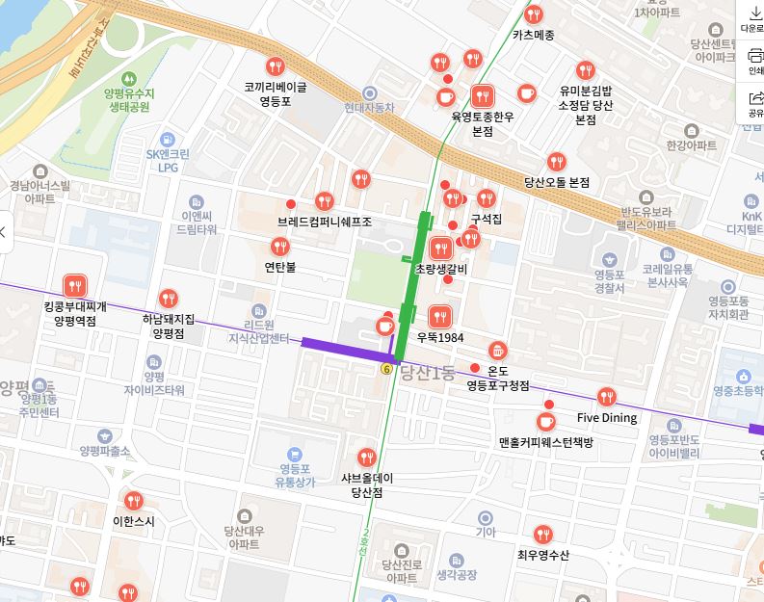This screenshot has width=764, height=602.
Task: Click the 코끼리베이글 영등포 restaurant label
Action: tap(275, 93)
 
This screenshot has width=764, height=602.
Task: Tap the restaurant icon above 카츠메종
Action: tap(534, 14)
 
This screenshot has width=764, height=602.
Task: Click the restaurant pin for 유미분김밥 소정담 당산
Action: tap(585, 70)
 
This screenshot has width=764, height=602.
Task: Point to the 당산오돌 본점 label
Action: tap(556, 181)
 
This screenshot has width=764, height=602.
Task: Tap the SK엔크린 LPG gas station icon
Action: tap(168, 140)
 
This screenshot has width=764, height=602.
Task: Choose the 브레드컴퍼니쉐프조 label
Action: tap(324, 222)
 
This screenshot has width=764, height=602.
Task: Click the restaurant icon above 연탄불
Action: tap(280, 246)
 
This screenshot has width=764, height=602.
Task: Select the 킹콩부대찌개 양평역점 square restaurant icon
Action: tap(75, 285)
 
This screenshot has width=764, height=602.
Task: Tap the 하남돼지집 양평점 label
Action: tap(169, 326)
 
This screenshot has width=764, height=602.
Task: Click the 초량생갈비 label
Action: tap(440, 269)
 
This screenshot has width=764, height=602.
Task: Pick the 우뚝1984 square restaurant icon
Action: tap(440, 316)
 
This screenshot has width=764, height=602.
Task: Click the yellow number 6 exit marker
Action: tap(386, 369)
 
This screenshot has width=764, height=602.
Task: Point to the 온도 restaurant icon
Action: tap(497, 351)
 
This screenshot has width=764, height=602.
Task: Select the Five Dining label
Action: tap(606, 418)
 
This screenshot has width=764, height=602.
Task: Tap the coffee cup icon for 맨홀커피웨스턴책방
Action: tap(545, 422)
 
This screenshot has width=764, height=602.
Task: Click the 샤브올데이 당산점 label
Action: tap(367, 484)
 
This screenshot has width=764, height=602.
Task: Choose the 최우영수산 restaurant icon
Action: tap(543, 534)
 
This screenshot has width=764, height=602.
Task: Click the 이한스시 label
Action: tap(133, 521)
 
